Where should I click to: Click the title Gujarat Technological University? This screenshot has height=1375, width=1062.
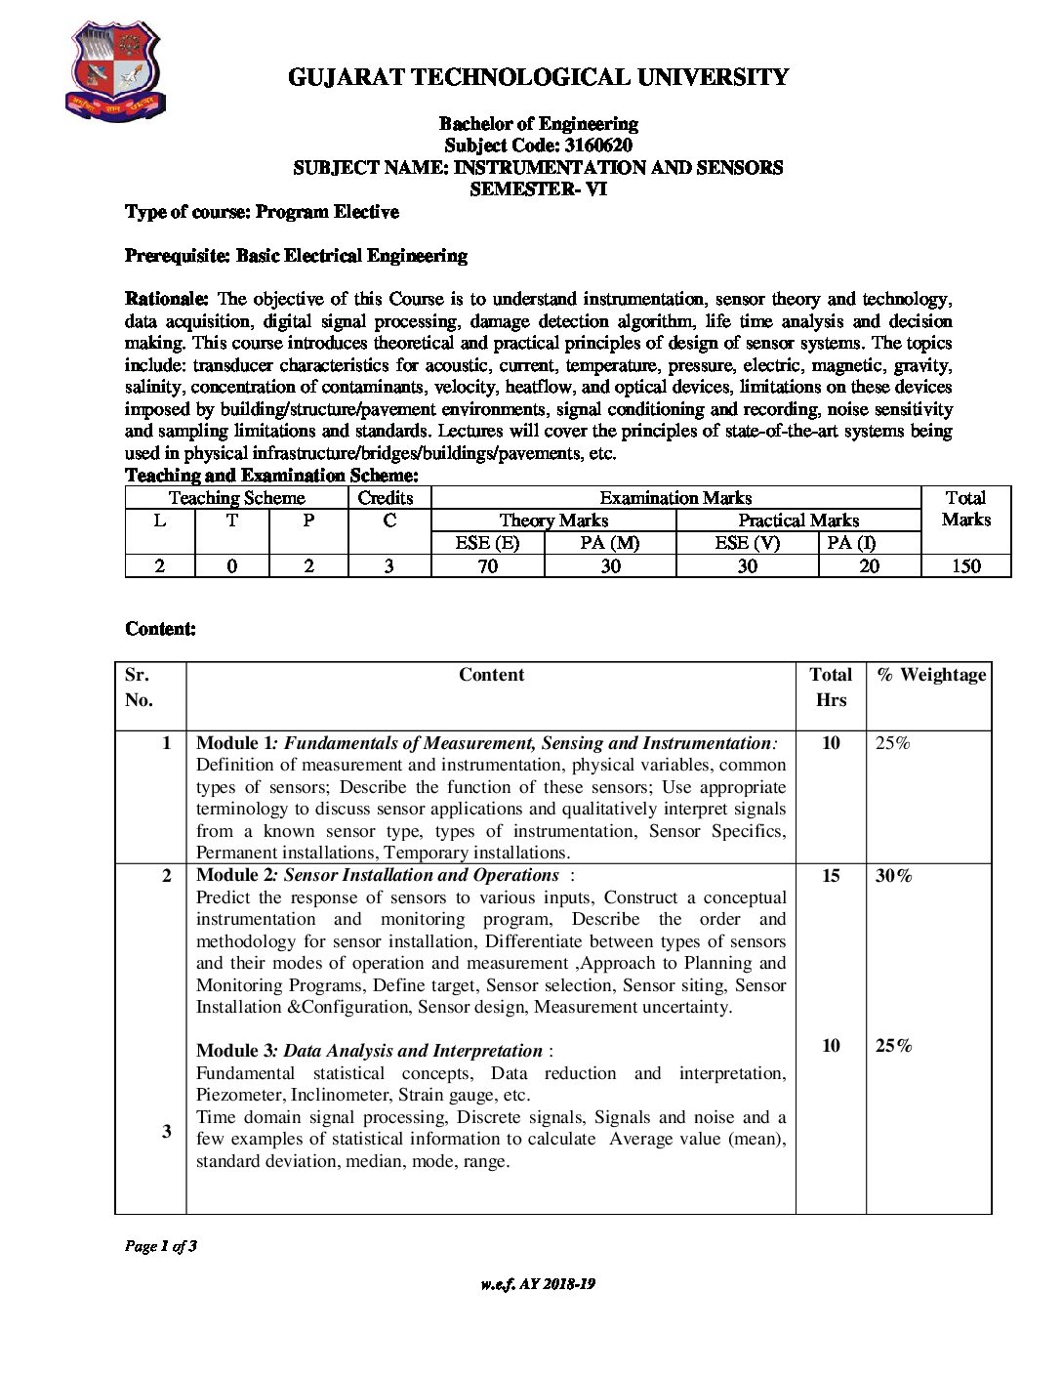[538, 77]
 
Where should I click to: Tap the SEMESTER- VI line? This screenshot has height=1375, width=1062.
[538, 189]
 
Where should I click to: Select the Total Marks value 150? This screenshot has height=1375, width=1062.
[965, 566]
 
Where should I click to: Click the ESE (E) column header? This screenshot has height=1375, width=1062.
[487, 543]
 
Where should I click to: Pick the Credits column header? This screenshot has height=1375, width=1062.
[386, 498]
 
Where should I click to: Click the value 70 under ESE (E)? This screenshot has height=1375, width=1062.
[487, 566]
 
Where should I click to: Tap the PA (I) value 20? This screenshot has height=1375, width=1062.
[869, 566]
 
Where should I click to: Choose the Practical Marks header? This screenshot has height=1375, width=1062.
[798, 521]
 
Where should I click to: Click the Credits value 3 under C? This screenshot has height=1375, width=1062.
[388, 566]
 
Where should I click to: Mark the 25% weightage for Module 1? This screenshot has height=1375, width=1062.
[892, 743]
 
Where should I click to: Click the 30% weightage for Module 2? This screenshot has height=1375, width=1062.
[893, 876]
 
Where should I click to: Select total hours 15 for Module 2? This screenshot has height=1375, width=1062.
[831, 876]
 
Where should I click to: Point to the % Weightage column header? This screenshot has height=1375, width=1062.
[930, 675]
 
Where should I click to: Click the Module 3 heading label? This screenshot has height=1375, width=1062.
[234, 1051]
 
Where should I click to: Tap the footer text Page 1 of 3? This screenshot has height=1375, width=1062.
[161, 1246]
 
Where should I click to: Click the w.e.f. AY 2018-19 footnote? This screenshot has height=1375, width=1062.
[538, 1284]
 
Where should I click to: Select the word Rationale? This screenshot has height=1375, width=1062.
[167, 299]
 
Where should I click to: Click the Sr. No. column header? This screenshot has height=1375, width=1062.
[139, 687]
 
